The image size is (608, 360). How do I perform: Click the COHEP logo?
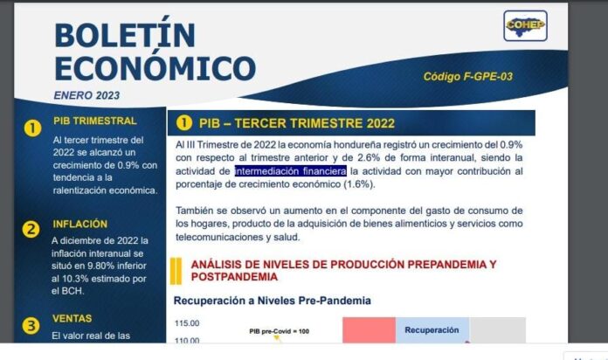[525, 25]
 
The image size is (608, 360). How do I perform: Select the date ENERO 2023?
[86, 95]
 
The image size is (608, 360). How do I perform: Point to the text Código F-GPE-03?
[468, 76]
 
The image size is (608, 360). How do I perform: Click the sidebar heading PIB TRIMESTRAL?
[95, 121]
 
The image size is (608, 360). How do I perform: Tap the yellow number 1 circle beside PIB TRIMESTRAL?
[32, 128]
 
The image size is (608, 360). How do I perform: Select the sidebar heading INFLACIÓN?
[79, 225]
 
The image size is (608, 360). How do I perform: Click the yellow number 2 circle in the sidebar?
[31, 229]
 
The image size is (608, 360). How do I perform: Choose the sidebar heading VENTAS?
[73, 318]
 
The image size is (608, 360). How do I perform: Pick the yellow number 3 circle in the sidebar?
[31, 326]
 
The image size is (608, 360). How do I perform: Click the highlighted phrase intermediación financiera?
[290, 171]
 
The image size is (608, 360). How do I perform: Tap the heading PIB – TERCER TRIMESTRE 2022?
[297, 123]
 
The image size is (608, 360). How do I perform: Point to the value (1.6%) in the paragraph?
[359, 184]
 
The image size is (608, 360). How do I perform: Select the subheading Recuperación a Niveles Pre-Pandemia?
[273, 301]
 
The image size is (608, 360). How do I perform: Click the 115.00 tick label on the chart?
[187, 323]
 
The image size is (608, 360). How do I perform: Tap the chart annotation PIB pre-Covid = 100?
[280, 331]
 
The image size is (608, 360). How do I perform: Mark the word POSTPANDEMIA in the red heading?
[234, 277]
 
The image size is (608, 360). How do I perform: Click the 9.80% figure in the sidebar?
[100, 266]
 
